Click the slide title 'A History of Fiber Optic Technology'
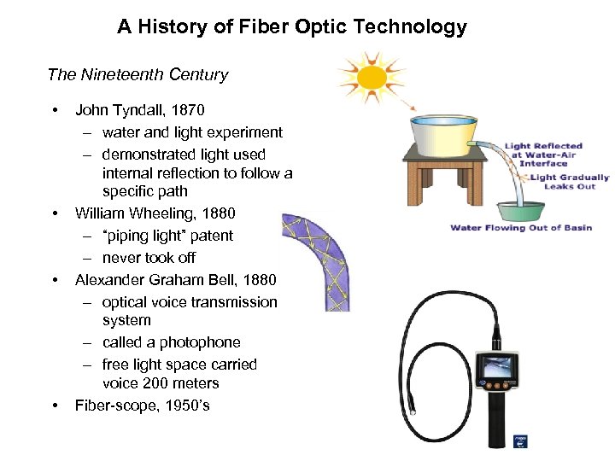(x=292, y=26)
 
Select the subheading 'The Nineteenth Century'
(x=138, y=74)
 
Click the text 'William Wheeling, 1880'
(x=155, y=213)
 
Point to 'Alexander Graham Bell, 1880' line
(x=175, y=280)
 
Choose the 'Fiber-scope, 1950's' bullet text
(x=142, y=406)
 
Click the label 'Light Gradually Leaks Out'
(x=569, y=182)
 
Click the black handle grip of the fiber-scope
(x=497, y=423)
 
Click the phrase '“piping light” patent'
(x=167, y=236)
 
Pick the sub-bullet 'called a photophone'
(x=171, y=342)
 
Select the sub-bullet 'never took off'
(x=149, y=258)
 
